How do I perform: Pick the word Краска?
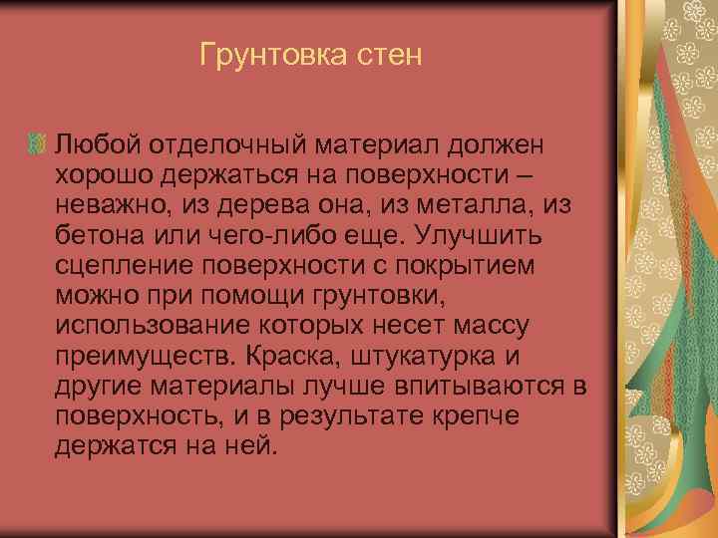(x=289, y=357)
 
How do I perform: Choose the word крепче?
(x=464, y=415)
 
